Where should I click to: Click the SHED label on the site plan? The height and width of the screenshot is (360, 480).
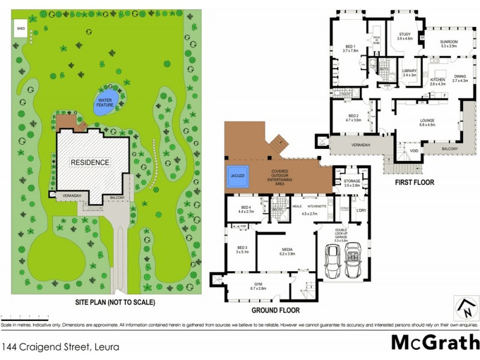(x=21, y=28)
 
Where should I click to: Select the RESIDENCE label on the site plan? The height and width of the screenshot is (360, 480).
(x=90, y=162)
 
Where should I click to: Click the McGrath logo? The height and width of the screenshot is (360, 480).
(x=434, y=342)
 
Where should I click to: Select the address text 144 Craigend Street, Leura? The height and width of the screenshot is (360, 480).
(x=60, y=347)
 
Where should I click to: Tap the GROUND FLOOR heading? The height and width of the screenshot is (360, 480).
(x=275, y=310)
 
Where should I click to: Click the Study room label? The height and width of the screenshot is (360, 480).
(x=405, y=36)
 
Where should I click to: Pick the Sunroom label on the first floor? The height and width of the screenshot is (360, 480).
(x=449, y=43)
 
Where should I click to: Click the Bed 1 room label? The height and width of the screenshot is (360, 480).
(x=350, y=49)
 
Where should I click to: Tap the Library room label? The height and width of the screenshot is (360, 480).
(x=409, y=73)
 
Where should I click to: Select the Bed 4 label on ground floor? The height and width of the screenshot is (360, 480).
(x=247, y=209)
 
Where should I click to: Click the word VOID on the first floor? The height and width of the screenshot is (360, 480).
(x=413, y=151)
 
